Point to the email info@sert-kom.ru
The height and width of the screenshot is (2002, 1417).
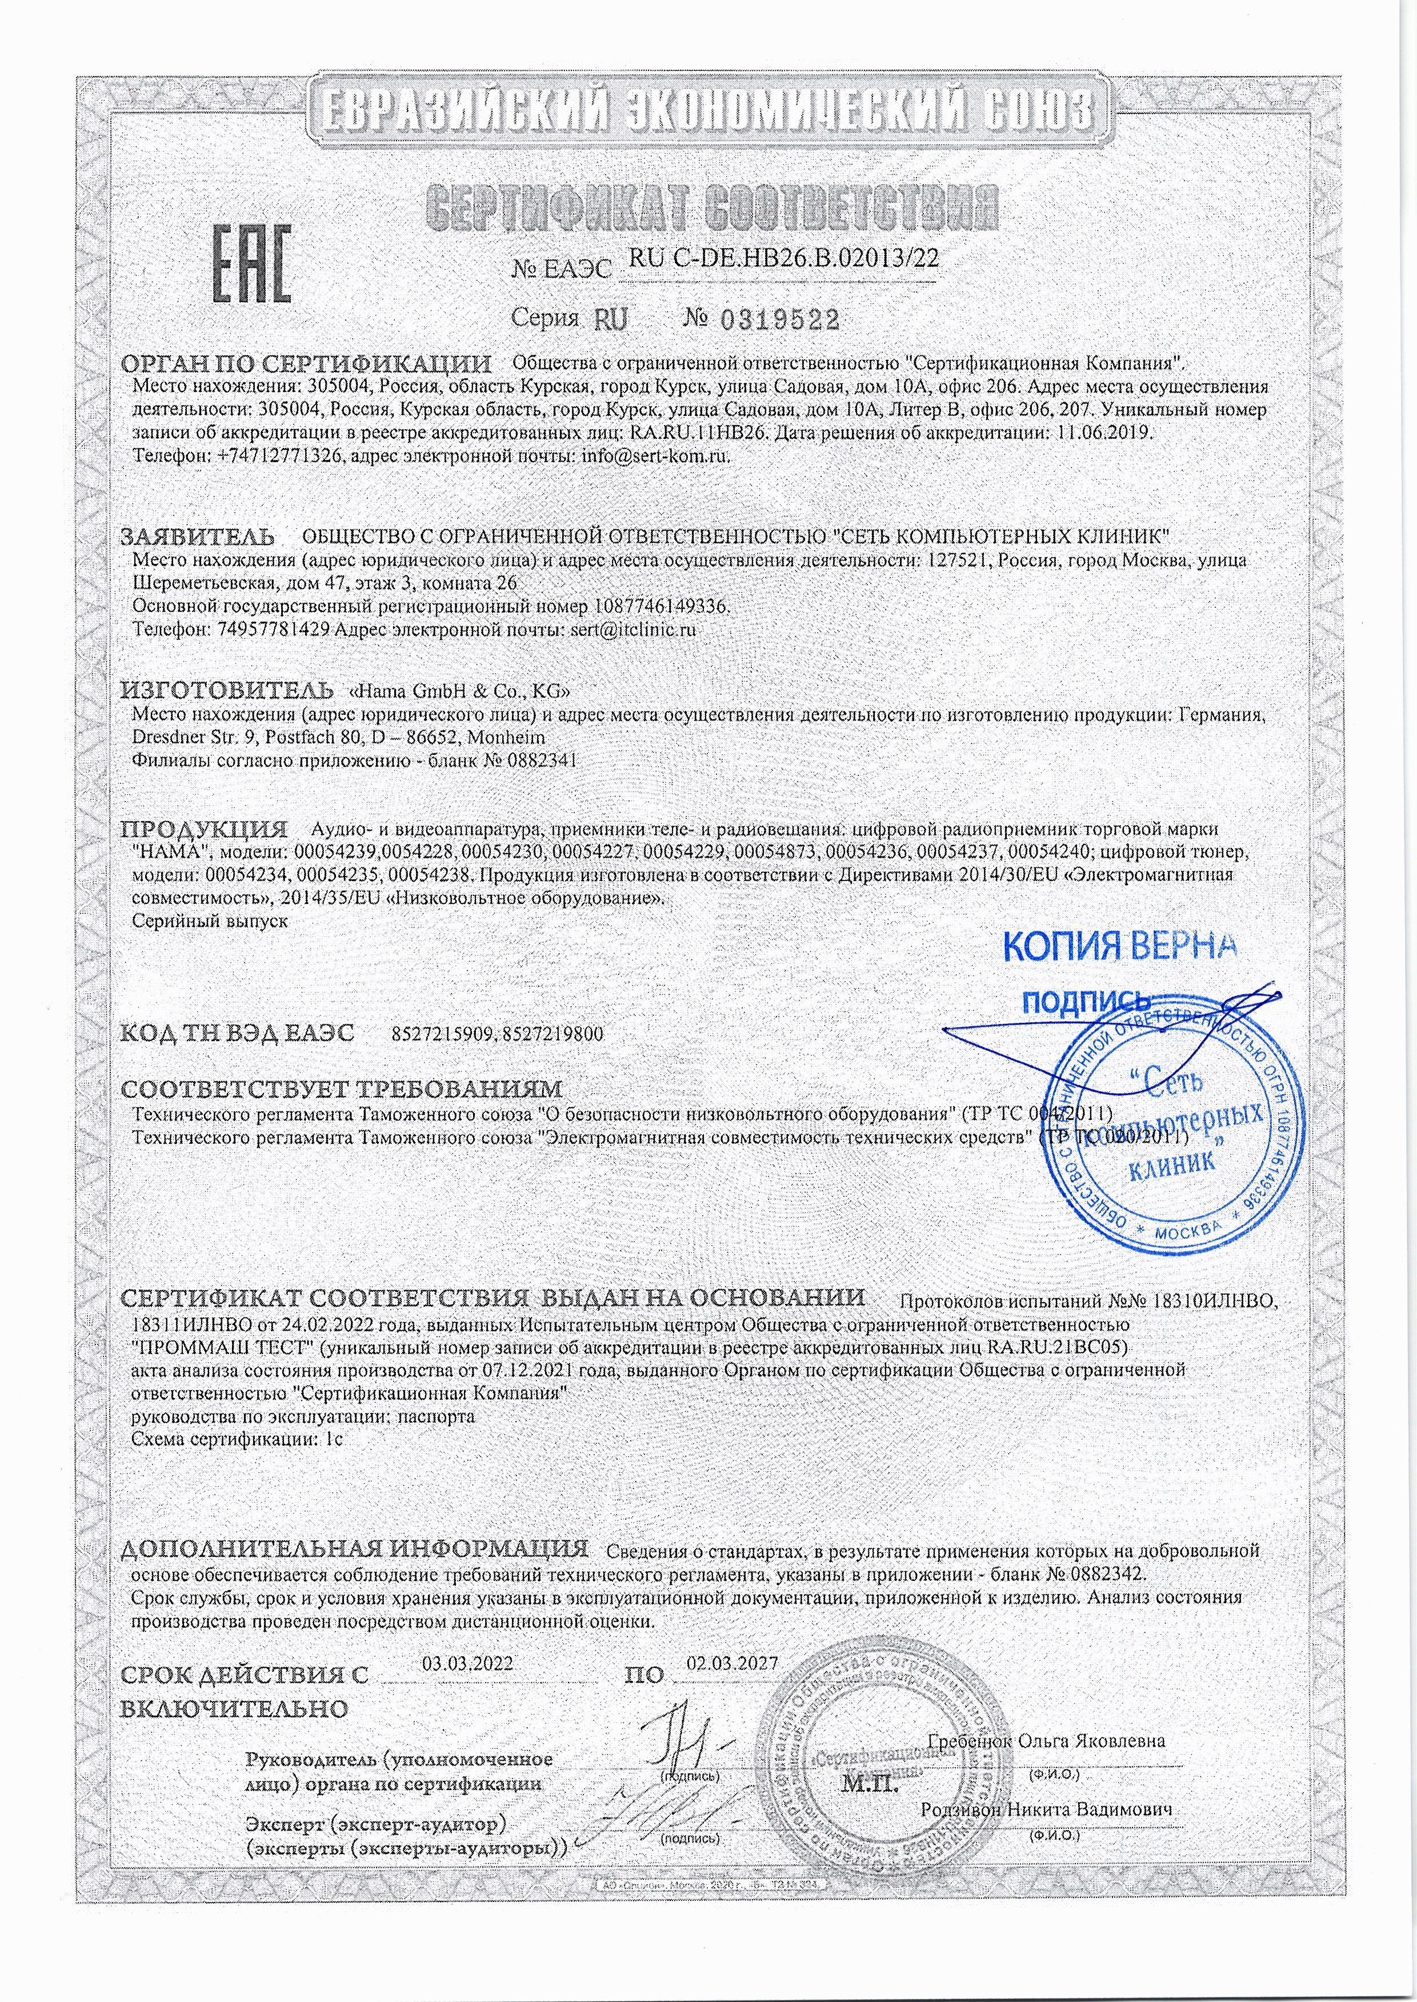click(x=654, y=454)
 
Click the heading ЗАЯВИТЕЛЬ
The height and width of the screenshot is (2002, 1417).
click(x=197, y=535)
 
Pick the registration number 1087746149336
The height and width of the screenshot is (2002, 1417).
click(x=659, y=606)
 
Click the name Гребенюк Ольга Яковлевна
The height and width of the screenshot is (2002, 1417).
click(x=1047, y=1716)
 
